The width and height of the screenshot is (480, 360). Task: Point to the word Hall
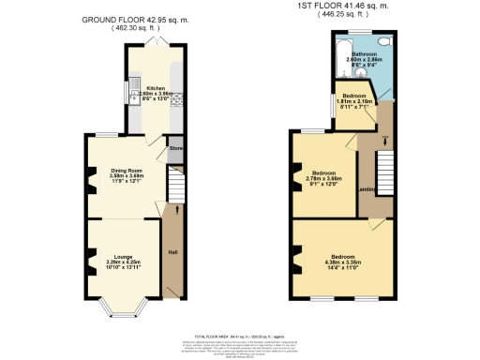click(x=172, y=252)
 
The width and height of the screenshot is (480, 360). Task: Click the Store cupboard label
click(x=175, y=148)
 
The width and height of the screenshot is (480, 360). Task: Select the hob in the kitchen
click(x=171, y=101)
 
